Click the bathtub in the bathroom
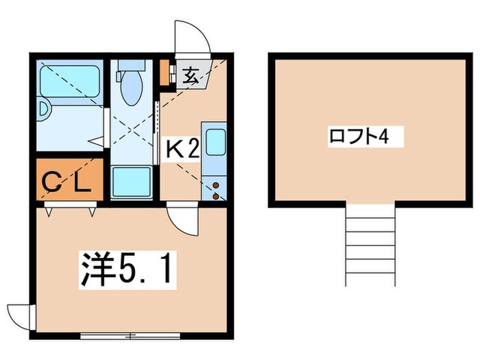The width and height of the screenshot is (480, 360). [70, 80]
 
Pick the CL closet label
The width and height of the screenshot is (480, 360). [68, 182]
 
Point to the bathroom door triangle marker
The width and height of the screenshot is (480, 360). [97, 142]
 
